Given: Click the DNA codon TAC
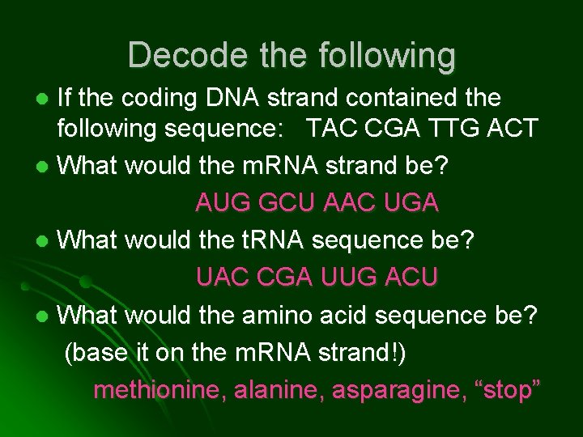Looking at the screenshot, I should [x=330, y=128].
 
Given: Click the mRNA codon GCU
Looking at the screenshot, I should [x=283, y=202].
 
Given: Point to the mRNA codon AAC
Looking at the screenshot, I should [x=347, y=202].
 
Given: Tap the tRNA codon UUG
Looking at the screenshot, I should [x=347, y=277].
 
